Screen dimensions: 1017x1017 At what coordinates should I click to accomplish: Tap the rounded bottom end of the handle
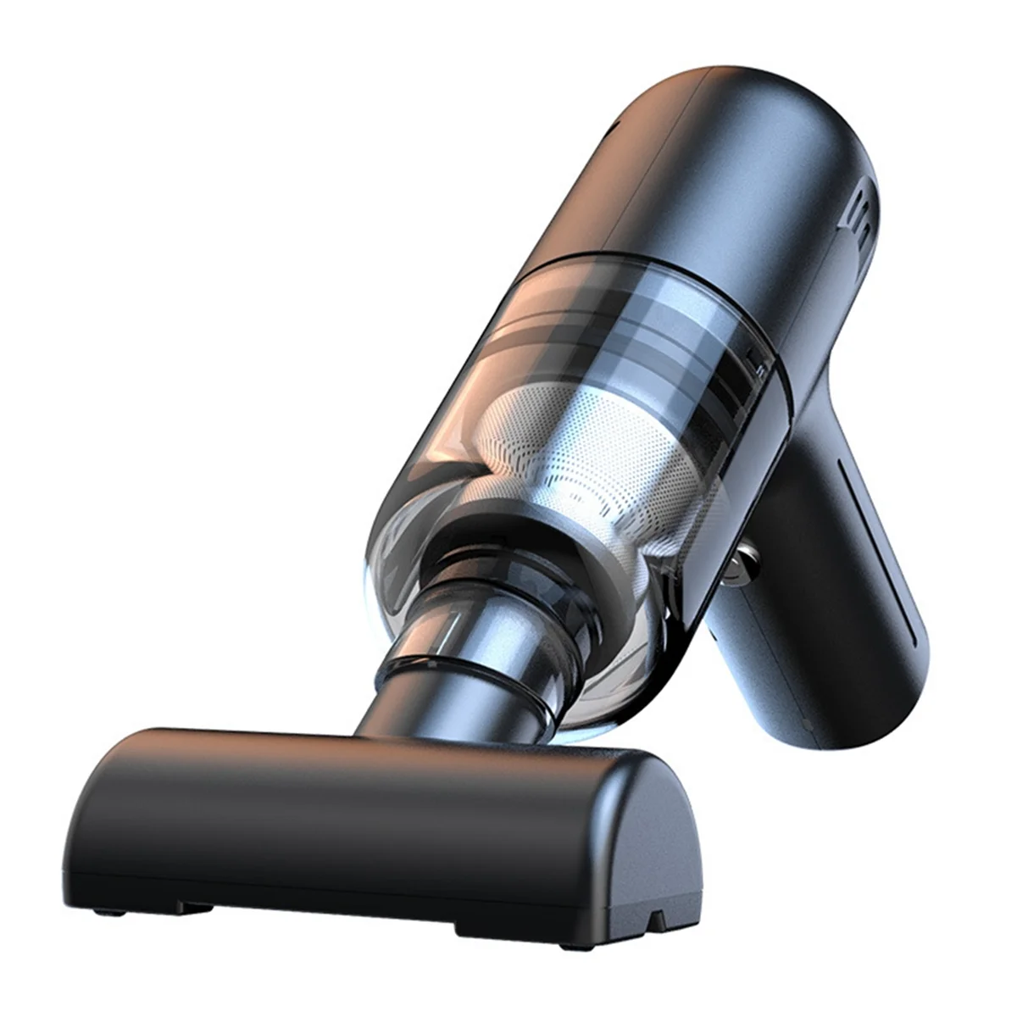click(x=881, y=703)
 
